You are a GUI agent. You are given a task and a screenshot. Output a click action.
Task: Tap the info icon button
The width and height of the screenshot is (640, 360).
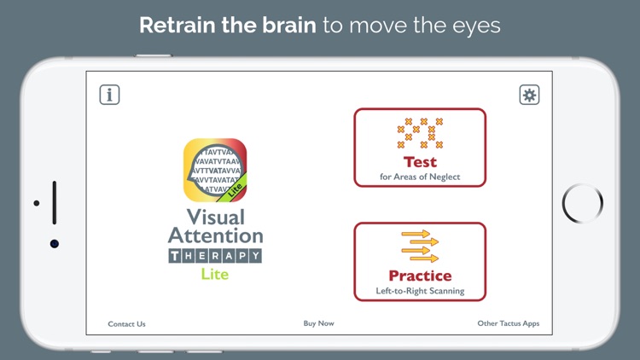tap(109, 95)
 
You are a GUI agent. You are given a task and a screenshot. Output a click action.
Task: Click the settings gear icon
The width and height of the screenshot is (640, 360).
tap(529, 95)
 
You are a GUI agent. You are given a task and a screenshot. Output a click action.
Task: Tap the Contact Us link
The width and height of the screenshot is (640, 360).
tap(126, 324)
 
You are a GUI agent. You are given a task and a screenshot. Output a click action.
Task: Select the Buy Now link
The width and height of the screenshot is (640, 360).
tap(318, 323)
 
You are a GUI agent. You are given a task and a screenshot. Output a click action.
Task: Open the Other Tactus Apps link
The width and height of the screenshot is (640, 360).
tap(508, 323)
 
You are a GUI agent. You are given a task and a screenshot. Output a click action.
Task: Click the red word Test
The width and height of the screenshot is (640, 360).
tap(420, 162)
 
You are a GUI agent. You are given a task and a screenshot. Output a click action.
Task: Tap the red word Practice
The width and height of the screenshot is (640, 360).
tap(420, 276)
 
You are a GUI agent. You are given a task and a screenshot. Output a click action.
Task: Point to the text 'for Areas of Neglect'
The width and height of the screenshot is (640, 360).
tap(420, 177)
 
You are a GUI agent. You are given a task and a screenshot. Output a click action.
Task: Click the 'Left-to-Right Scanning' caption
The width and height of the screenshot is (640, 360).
tap(420, 291)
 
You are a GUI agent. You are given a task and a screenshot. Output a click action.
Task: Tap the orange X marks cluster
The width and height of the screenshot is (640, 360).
tap(420, 133)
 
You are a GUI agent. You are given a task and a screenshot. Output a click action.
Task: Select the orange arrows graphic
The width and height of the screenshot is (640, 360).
tap(420, 246)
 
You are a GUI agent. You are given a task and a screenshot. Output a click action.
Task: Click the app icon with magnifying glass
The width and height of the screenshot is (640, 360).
tap(215, 171)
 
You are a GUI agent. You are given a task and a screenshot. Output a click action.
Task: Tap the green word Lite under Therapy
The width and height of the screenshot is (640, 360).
tap(215, 274)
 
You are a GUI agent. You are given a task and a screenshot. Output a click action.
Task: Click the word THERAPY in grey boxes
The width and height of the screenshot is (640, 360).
tap(215, 255)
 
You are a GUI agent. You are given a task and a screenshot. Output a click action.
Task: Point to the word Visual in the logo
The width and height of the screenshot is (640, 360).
tap(215, 217)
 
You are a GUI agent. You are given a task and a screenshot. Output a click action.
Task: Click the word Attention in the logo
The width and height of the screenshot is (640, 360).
tap(215, 235)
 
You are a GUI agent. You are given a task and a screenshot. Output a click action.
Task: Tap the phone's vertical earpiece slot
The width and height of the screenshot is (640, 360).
tap(54, 202)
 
